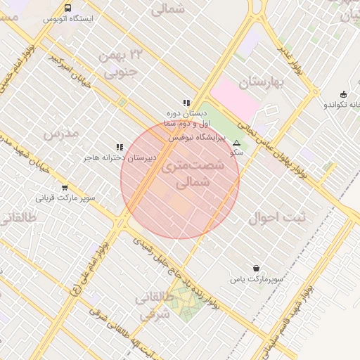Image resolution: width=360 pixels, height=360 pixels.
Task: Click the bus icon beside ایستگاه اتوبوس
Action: pyautogui.click(x=67, y=8)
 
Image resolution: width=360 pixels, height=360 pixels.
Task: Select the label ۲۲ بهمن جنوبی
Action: pyautogui.click(x=116, y=63)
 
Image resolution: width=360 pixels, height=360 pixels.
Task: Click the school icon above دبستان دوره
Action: pyautogui.click(x=186, y=103)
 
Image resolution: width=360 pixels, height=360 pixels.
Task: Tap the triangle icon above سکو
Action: pyautogui.click(x=236, y=143)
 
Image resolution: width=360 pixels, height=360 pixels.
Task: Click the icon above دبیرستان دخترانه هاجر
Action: pyautogui.click(x=120, y=147)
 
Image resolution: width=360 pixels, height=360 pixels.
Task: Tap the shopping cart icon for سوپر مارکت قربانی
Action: pyautogui.click(x=65, y=188)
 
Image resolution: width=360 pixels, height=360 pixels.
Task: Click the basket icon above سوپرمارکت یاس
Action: pyautogui.click(x=256, y=268)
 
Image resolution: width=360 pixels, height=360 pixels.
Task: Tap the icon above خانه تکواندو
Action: pyautogui.click(x=343, y=94)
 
